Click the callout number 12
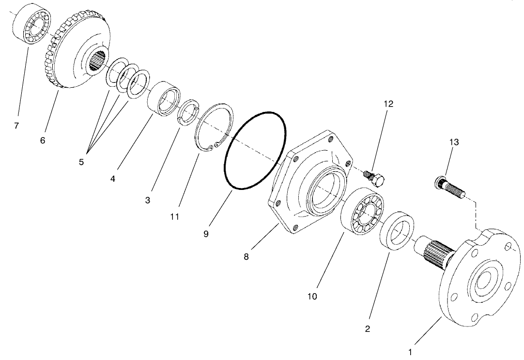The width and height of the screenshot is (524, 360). [389, 104]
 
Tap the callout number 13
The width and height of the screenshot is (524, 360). [454, 142]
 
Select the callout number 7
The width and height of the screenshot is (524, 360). [16, 126]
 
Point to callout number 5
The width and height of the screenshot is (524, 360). [81, 162]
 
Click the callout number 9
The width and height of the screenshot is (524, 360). [206, 234]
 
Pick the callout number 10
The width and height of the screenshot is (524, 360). [312, 296]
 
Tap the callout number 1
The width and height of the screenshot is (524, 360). [411, 351]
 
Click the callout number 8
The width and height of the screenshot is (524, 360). [246, 257]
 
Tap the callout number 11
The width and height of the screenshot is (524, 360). [174, 217]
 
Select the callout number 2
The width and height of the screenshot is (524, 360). [368, 329]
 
